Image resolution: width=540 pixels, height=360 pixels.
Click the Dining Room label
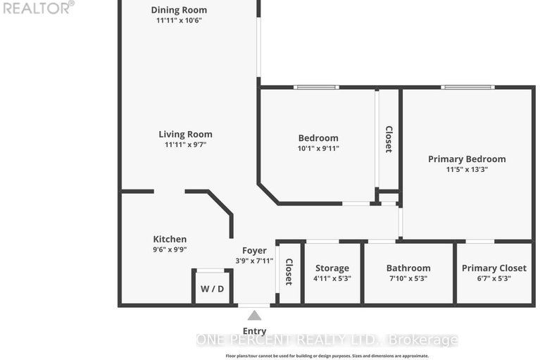click(x=179, y=10)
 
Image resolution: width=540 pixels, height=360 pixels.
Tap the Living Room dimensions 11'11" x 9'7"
click(x=185, y=144)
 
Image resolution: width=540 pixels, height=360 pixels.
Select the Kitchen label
click(x=170, y=239)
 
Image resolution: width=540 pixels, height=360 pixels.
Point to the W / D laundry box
click(x=213, y=287)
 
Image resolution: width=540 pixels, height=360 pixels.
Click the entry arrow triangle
click(x=254, y=316)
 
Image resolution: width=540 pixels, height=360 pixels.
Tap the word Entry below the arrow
click(x=254, y=331)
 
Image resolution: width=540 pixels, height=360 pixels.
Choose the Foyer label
click(x=254, y=251)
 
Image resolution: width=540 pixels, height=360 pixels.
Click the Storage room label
click(x=332, y=268)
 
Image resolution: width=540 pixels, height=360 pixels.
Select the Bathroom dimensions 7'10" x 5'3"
click(x=408, y=278)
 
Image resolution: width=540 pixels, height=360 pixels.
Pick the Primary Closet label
click(x=494, y=268)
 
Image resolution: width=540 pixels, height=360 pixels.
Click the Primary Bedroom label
click(x=467, y=159)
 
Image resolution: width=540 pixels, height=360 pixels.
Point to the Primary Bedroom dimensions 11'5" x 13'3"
click(x=467, y=170)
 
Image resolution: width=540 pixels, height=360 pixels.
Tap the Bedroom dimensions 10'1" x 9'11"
click(x=318, y=149)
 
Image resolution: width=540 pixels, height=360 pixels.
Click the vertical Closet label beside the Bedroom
click(x=389, y=139)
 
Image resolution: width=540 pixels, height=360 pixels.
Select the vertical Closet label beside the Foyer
click(x=289, y=272)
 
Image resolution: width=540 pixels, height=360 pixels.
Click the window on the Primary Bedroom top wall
click(x=467, y=87)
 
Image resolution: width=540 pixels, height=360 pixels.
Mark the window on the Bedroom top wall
click(x=316, y=87)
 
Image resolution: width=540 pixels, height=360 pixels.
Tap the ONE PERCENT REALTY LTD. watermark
click(x=327, y=340)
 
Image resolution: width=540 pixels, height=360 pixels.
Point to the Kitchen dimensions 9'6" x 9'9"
click(x=170, y=249)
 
